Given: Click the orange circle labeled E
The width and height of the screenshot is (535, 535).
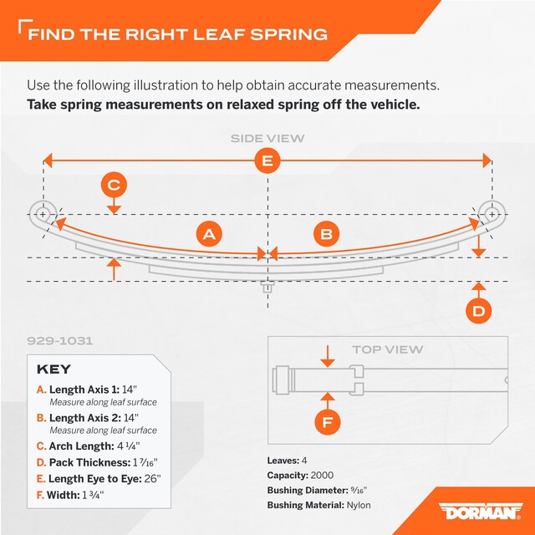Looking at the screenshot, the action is pyautogui.click(x=267, y=160).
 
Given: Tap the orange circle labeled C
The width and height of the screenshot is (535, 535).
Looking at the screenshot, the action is pyautogui.click(x=114, y=185).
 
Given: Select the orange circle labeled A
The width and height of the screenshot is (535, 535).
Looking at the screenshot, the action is pyautogui.click(x=209, y=234).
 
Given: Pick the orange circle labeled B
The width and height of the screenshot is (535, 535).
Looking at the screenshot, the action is pyautogui.click(x=327, y=234).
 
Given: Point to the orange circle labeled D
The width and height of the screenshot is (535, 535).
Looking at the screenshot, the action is pyautogui.click(x=479, y=311).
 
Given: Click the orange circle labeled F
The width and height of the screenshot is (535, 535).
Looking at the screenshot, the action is pyautogui.click(x=327, y=422).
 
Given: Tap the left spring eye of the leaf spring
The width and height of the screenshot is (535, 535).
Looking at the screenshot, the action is pyautogui.click(x=43, y=214).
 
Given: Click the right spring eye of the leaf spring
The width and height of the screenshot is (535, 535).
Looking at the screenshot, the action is pyautogui.click(x=492, y=214).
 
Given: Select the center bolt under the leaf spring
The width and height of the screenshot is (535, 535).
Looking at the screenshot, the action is pyautogui.click(x=267, y=287).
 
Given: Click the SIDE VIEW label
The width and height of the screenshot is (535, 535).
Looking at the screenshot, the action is pyautogui.click(x=267, y=139).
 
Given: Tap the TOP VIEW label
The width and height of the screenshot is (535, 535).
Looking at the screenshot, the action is pyautogui.click(x=388, y=349).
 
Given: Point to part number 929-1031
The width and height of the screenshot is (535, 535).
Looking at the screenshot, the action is pyautogui.click(x=59, y=341).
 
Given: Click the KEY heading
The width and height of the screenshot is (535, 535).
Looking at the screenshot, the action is pyautogui.click(x=53, y=369).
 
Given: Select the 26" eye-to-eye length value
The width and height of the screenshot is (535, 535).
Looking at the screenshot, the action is pyautogui.click(x=152, y=478).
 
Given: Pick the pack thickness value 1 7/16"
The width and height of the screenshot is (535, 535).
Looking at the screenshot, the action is pyautogui.click(x=145, y=462).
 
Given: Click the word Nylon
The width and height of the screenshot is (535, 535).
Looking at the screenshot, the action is pyautogui.click(x=359, y=505).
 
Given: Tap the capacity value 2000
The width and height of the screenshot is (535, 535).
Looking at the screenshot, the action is pyautogui.click(x=322, y=476).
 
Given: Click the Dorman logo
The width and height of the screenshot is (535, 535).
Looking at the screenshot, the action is pyautogui.click(x=481, y=511).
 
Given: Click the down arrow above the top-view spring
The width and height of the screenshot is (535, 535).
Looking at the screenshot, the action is pyautogui.click(x=328, y=357).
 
